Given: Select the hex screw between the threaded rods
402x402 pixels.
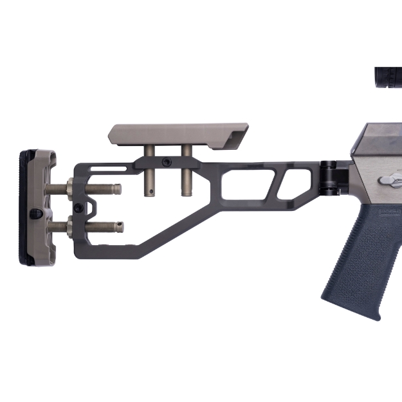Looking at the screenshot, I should click(78, 207).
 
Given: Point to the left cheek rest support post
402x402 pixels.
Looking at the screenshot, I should click(149, 177).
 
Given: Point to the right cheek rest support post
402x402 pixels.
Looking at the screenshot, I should click(187, 177).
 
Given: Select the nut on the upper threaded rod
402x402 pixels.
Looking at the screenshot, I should click(68, 189).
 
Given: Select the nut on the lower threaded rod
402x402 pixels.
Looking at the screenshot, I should click(68, 226).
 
